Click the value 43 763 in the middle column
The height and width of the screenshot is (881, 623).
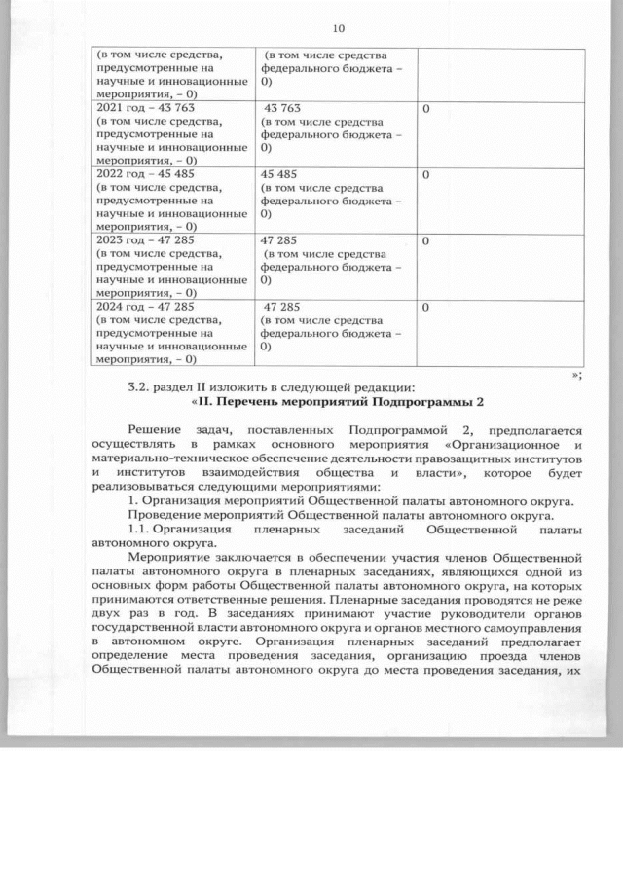coord(281,108)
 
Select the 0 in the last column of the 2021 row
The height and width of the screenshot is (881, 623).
coord(425,108)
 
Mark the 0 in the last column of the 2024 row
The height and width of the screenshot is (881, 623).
coord(425,306)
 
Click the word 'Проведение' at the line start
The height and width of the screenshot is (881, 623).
coord(165,516)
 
